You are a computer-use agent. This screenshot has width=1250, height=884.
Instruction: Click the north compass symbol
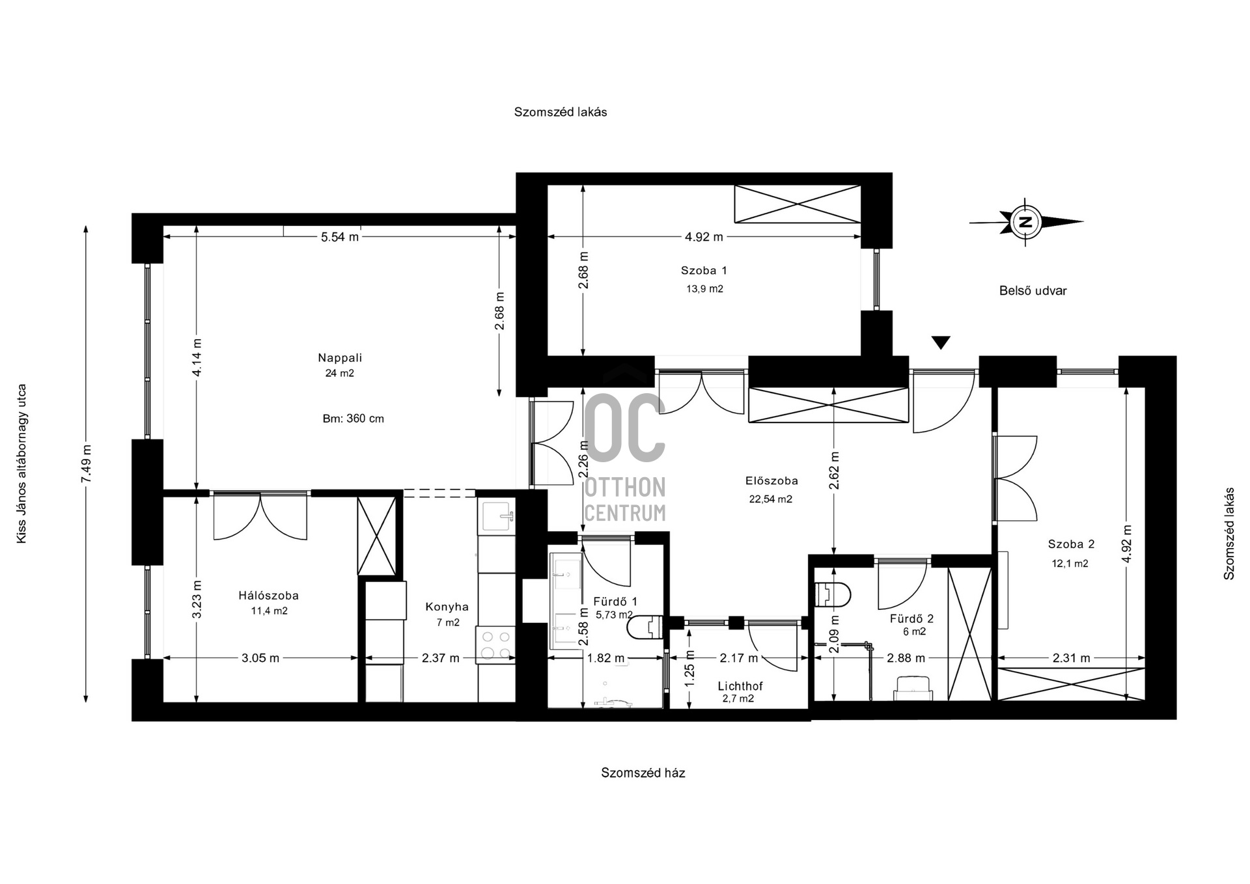pos(1025,222)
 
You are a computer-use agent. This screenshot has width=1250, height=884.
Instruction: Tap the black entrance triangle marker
pos(941,342)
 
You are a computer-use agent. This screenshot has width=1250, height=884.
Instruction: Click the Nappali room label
pos(340,357)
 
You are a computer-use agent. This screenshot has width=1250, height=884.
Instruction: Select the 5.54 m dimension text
pos(340,237)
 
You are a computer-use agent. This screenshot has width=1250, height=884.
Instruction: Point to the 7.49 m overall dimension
pos(86,463)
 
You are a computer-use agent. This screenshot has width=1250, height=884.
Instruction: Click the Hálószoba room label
pos(268,596)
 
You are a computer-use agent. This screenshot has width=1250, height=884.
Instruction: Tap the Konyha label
pos(447,607)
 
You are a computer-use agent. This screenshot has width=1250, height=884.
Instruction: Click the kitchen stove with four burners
pos(495,644)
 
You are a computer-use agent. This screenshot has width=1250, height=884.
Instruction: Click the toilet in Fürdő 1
pos(645,628)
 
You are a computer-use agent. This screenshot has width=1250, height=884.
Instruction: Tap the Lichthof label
pos(740,686)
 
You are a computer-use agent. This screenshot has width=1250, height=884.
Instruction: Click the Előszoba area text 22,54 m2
pos(771,499)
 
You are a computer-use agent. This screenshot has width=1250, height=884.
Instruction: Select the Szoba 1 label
pos(704,271)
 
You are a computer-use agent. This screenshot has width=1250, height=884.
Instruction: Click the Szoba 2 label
pos(1071,544)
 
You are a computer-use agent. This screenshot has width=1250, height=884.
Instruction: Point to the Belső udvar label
pos(1033,291)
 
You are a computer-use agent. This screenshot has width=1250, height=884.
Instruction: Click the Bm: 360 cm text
pos(354,419)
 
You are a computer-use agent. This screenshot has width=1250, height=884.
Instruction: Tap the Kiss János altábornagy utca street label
pos(22,463)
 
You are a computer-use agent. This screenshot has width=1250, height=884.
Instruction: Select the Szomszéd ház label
pos(643,773)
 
